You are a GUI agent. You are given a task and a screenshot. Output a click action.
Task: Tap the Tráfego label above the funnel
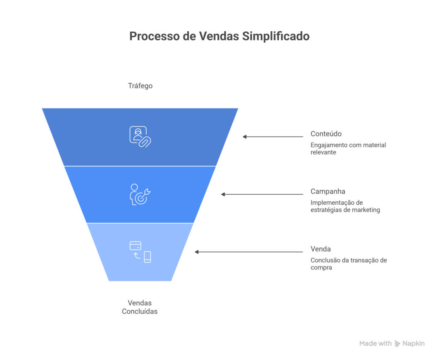[x=140, y=86]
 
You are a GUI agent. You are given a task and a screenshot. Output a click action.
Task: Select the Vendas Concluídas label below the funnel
[x=140, y=307]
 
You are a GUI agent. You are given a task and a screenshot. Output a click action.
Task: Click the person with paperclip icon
[x=140, y=136]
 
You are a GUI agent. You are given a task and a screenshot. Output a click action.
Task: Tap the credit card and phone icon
[x=140, y=251]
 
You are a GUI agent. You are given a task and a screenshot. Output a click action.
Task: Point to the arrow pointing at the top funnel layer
[x=273, y=137]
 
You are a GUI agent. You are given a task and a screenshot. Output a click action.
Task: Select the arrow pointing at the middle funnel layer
[x=262, y=194]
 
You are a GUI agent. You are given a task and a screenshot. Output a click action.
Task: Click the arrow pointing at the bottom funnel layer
[x=249, y=252]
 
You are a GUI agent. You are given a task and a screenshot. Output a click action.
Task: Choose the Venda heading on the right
[x=321, y=249]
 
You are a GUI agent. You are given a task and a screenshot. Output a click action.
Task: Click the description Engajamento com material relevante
[x=348, y=148]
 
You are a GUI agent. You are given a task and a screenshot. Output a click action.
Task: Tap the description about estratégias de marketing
[x=345, y=206]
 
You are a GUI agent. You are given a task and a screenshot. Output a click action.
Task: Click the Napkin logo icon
[x=397, y=344]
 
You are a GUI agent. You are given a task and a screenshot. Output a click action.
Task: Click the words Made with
[x=375, y=344]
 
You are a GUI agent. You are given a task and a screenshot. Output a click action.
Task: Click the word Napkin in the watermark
[x=414, y=344]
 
